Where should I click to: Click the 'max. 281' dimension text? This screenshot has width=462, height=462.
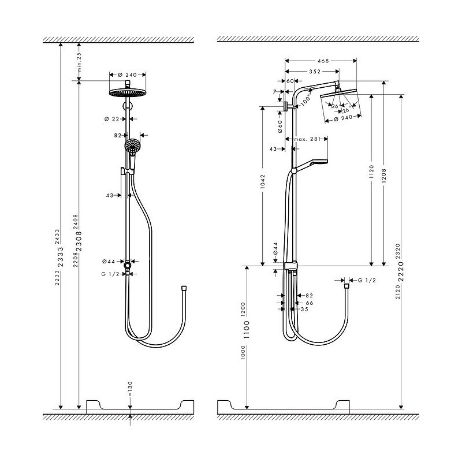click(x=306, y=139)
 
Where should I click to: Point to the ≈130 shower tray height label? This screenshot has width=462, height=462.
click(x=130, y=384)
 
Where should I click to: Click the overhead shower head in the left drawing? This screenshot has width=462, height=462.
click(x=127, y=93)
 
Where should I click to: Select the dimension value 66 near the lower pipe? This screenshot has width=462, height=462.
click(x=309, y=302)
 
